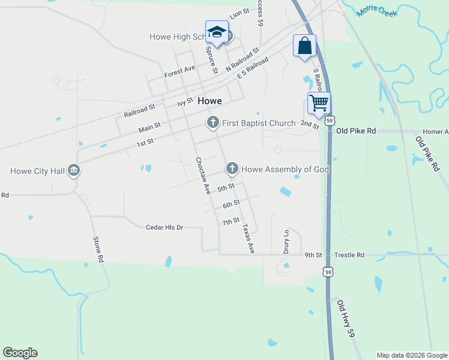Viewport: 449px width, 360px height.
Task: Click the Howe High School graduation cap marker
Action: click(x=217, y=32)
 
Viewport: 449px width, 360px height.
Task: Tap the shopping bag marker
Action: click(x=304, y=46)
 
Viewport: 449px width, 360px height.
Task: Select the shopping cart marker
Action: click(x=319, y=103)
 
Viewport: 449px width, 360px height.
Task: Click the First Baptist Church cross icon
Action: click(x=212, y=123)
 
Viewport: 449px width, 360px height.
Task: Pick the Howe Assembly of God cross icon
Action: click(x=232, y=169)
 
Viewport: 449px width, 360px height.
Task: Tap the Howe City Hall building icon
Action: click(x=74, y=170)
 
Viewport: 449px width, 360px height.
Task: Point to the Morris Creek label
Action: click(x=378, y=10)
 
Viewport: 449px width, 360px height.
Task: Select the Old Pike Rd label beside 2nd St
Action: click(x=356, y=130)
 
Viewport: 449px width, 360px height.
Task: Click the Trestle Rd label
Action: click(x=349, y=255)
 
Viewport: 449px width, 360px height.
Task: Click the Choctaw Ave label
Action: click(x=202, y=176)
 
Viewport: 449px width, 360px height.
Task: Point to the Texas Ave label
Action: click(x=248, y=239)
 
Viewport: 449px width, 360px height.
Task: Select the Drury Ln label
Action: click(x=287, y=241)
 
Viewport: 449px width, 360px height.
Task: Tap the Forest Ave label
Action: click(x=179, y=72)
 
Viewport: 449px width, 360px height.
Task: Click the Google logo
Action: click(x=20, y=353)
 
